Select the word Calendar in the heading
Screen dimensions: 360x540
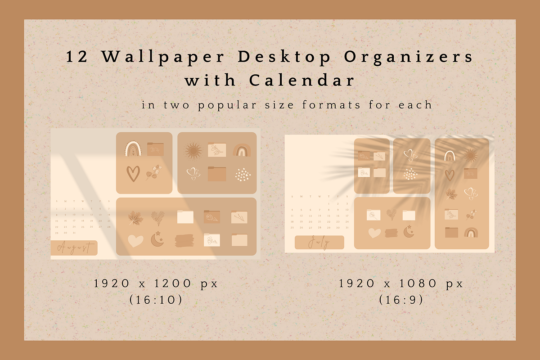pyautogui.click(x=301, y=81)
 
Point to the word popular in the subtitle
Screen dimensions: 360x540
pyautogui.click(x=222, y=105)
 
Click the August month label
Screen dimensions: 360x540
pyautogui.click(x=74, y=247)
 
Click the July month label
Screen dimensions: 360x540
pyautogui.click(x=319, y=243)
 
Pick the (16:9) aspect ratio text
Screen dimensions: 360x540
pyautogui.click(x=400, y=300)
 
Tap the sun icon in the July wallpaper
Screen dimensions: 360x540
pyautogui.click(x=471, y=156)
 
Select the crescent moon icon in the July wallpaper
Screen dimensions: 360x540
pyautogui.click(x=409, y=231)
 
